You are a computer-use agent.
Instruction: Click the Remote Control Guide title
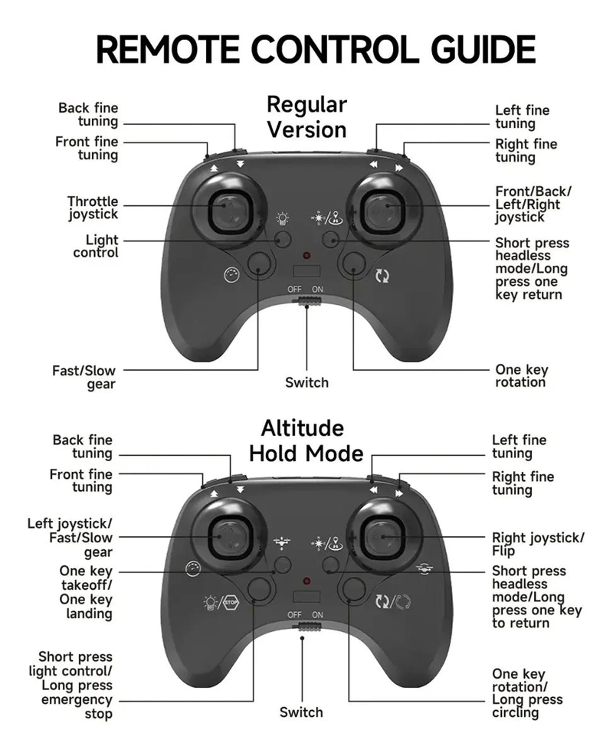(316, 49)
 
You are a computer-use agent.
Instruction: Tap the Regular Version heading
(306, 117)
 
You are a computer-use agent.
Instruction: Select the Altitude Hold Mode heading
(306, 440)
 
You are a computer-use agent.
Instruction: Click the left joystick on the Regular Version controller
(230, 211)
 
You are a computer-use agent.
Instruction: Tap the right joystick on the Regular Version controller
(385, 211)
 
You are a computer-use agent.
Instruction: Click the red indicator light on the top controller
(306, 256)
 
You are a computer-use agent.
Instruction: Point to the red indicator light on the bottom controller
(306, 581)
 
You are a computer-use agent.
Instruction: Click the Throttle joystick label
(93, 208)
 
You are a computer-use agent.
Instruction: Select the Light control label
(96, 246)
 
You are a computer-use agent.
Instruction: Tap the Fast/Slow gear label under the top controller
(84, 378)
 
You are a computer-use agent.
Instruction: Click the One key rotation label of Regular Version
(521, 376)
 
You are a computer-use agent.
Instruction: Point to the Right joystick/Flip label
(538, 545)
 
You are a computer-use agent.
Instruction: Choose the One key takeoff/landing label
(86, 592)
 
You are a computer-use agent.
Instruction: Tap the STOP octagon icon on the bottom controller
(231, 602)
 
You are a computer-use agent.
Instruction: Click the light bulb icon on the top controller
(282, 219)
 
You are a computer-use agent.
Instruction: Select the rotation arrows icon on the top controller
(382, 277)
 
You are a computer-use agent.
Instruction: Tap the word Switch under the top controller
(306, 382)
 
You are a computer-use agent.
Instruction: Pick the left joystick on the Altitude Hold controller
(230, 536)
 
